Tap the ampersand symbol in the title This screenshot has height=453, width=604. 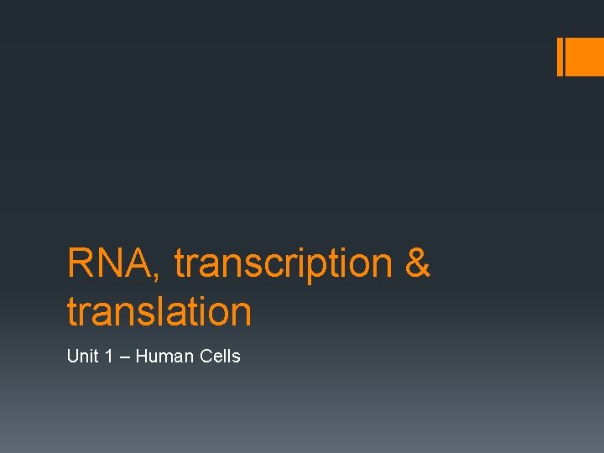pyautogui.click(x=417, y=263)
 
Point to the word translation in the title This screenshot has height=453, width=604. pyautogui.click(x=159, y=311)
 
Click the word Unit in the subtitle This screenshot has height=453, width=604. pyautogui.click(x=82, y=357)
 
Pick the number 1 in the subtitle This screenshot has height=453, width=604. pyautogui.click(x=107, y=357)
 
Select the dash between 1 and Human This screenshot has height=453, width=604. pyautogui.click(x=122, y=357)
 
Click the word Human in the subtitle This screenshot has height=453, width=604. pyautogui.click(x=164, y=357)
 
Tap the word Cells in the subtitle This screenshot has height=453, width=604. pyautogui.click(x=221, y=357)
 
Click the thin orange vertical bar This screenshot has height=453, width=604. pyautogui.click(x=560, y=57)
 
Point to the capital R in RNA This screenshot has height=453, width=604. pyautogui.click(x=80, y=263)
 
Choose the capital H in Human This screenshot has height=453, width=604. pyautogui.click(x=141, y=357)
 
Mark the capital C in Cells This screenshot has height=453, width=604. pyautogui.click(x=206, y=357)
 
